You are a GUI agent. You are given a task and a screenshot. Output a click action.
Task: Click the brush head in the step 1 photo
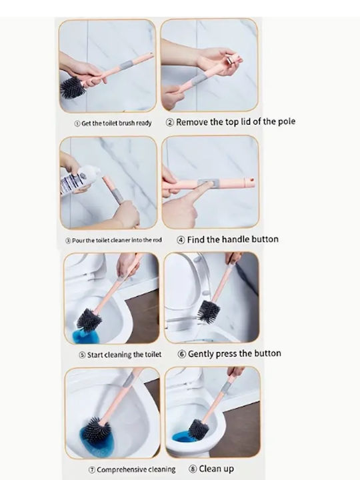pyautogui.click(x=72, y=87)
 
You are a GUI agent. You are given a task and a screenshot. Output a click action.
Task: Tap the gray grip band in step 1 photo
pyautogui.click(x=127, y=65)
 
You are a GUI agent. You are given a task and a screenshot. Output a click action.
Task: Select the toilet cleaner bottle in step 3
pyautogui.click(x=79, y=179)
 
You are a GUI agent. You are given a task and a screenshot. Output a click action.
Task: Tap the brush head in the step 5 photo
pyautogui.click(x=89, y=321)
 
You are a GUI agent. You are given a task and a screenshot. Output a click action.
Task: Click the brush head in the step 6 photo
pyautogui.click(x=209, y=311)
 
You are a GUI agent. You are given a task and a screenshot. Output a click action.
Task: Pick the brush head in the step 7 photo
pyautogui.click(x=97, y=431)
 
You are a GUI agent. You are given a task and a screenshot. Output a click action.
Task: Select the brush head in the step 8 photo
pyautogui.click(x=198, y=429)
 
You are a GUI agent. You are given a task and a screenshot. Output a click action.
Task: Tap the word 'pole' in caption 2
pyautogui.click(x=287, y=121)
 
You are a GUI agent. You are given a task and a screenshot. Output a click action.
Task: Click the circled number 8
pyautogui.click(x=193, y=469)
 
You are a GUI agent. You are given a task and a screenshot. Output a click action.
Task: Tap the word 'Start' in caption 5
pyautogui.click(x=95, y=355)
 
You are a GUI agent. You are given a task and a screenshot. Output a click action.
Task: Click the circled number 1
pyautogui.click(x=77, y=123)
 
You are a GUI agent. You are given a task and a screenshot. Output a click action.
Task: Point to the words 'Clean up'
pyautogui.click(x=217, y=469)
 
